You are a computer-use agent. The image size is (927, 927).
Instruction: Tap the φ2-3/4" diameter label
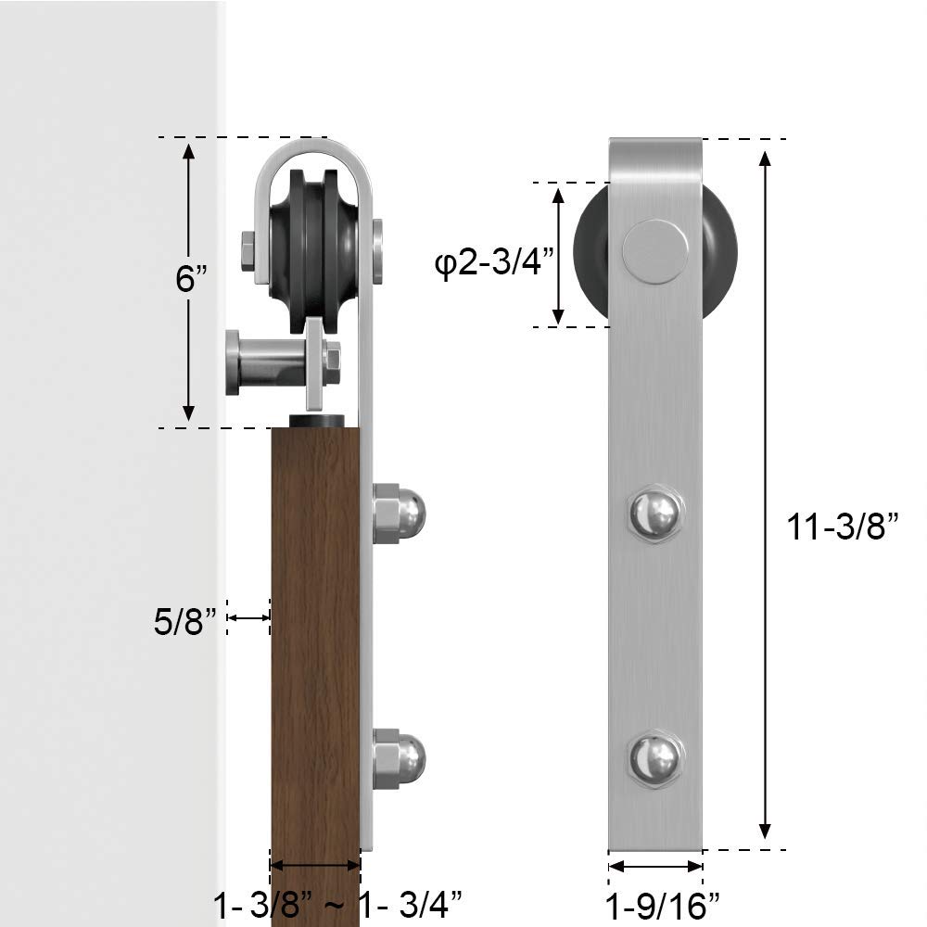click(493, 264)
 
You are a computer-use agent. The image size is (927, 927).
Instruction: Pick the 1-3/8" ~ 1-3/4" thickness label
click(337, 902)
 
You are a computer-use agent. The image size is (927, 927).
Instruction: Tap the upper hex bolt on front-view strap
click(655, 513)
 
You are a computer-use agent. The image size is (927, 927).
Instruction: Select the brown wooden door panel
click(315, 649)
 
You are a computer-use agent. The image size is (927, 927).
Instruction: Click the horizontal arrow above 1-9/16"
click(655, 866)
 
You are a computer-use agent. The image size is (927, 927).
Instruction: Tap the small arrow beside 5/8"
click(248, 617)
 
